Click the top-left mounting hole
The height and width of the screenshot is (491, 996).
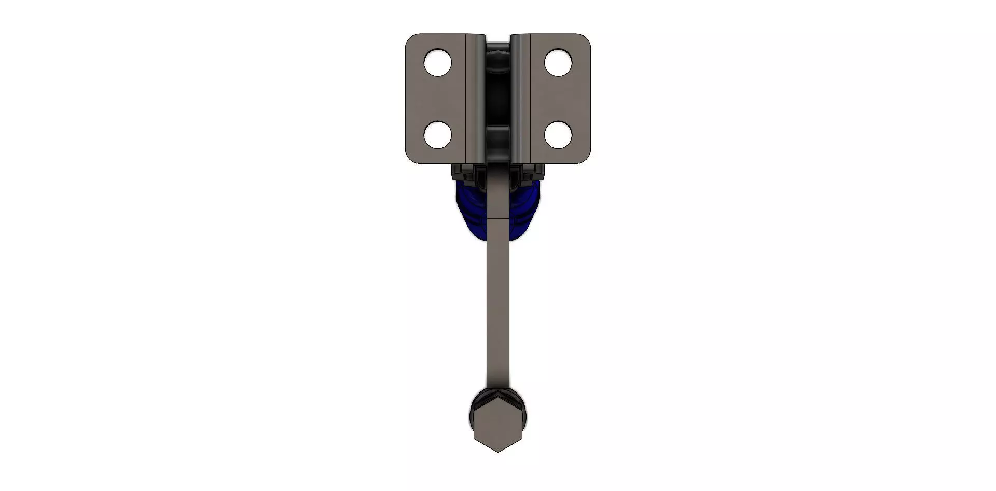[x=437, y=63]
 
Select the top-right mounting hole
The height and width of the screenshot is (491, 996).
[x=558, y=63]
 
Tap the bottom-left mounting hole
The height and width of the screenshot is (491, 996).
[x=437, y=135]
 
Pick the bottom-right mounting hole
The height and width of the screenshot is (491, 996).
[x=558, y=135]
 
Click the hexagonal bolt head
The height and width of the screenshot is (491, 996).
[x=497, y=428]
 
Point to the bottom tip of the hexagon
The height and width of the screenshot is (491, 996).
[x=497, y=451]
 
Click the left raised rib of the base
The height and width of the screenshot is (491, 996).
[x=475, y=99]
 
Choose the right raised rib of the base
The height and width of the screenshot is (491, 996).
[x=520, y=99]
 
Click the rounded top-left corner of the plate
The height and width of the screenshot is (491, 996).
[x=410, y=39]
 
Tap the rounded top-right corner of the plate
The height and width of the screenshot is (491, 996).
[x=586, y=39]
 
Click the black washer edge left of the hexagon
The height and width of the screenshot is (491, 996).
[x=472, y=415]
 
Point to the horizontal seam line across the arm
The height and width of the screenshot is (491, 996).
[x=497, y=219]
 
